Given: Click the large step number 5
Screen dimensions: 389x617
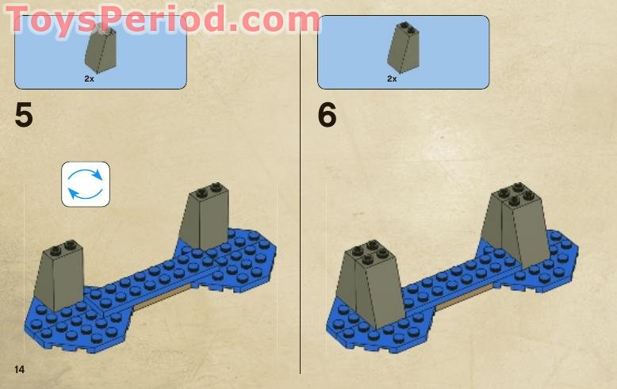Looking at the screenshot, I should [24, 116].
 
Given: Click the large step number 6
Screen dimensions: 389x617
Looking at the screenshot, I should [327, 116].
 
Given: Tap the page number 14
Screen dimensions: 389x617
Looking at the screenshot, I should [19, 370].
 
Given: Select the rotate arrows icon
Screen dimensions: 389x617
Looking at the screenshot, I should [86, 184].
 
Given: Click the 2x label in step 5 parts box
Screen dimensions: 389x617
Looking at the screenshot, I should [89, 79].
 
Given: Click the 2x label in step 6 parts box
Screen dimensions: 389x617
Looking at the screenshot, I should [392, 79].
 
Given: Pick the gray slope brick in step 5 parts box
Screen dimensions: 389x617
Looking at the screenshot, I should [100, 51].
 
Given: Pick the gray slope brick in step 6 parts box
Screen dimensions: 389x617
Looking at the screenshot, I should [403, 50].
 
